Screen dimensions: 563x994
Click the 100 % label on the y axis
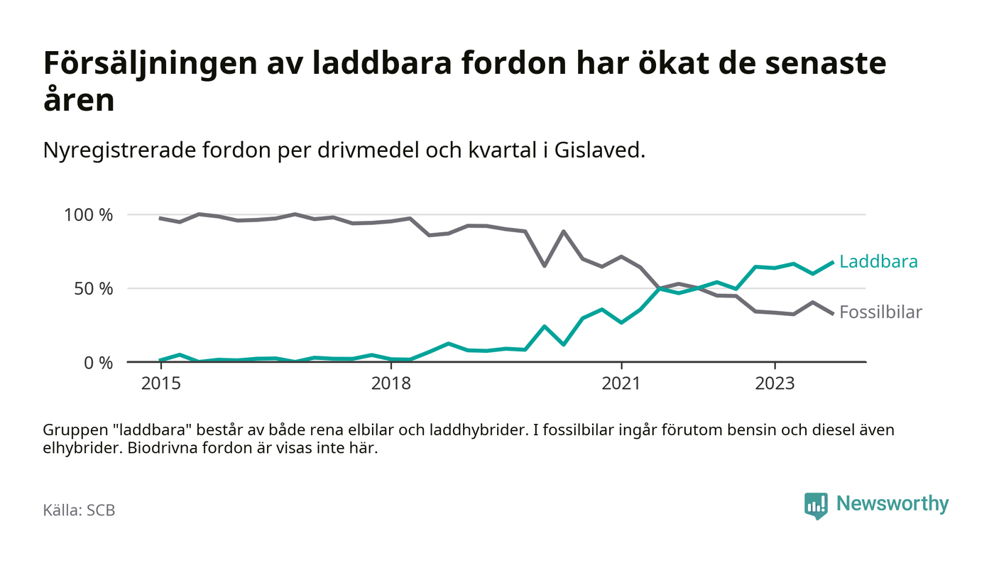[89, 214]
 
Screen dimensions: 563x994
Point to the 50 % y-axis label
[94, 289]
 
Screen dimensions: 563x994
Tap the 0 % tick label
[99, 363]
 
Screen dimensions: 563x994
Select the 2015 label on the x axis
[161, 383]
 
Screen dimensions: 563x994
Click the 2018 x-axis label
[391, 383]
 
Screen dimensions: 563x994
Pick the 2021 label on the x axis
[621, 383]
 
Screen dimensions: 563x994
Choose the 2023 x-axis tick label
[775, 383]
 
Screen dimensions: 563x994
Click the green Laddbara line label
[878, 262]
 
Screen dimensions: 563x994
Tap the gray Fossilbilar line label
[880, 312]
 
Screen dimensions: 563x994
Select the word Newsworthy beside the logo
[892, 504]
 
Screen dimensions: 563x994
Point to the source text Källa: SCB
[79, 510]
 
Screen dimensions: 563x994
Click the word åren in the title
[79, 100]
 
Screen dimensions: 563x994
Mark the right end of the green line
[832, 262]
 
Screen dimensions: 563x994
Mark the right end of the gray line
[832, 313]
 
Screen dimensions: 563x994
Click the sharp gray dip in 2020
[544, 266]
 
